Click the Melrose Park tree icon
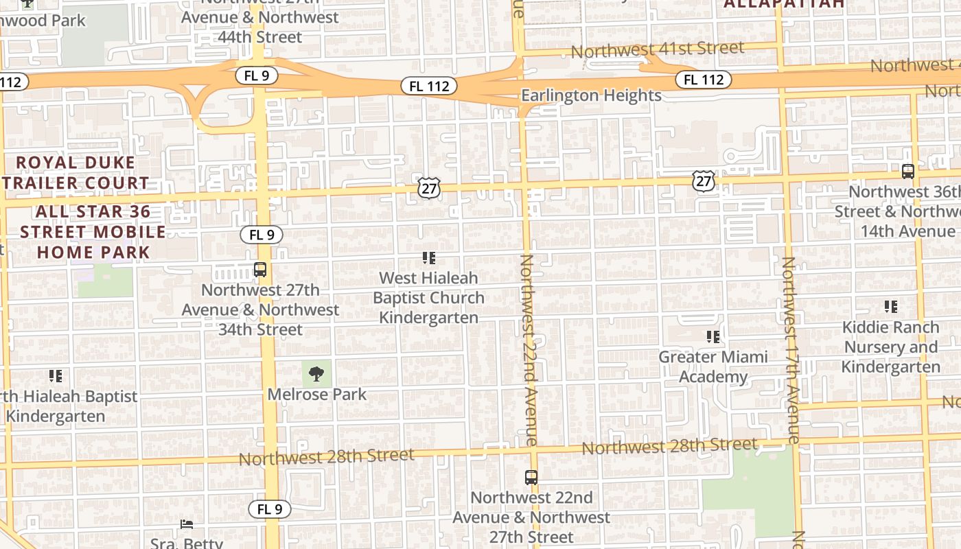pyautogui.click(x=316, y=374)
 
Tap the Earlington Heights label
pyautogui.click(x=591, y=95)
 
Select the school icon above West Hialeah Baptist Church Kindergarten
pyautogui.click(x=429, y=258)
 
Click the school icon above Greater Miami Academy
pyautogui.click(x=713, y=337)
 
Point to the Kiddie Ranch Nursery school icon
pyautogui.click(x=891, y=307)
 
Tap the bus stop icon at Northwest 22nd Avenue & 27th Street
pyautogui.click(x=531, y=477)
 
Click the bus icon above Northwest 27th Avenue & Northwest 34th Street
pyautogui.click(x=260, y=270)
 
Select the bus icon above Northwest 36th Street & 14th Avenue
pyautogui.click(x=907, y=171)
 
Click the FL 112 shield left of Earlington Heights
pyautogui.click(x=430, y=86)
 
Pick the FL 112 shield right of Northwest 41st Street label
pyautogui.click(x=704, y=80)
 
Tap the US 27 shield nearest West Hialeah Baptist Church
pyautogui.click(x=428, y=188)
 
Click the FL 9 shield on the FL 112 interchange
pyautogui.click(x=256, y=75)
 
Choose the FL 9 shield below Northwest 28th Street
pyautogui.click(x=270, y=509)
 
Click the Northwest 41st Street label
pyautogui.click(x=657, y=49)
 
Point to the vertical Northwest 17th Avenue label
pyautogui.click(x=790, y=350)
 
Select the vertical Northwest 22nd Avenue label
pyautogui.click(x=529, y=350)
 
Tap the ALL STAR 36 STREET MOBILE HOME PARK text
pyautogui.click(x=93, y=232)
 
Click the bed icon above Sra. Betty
pyautogui.click(x=187, y=524)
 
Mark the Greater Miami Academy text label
pyautogui.click(x=713, y=367)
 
